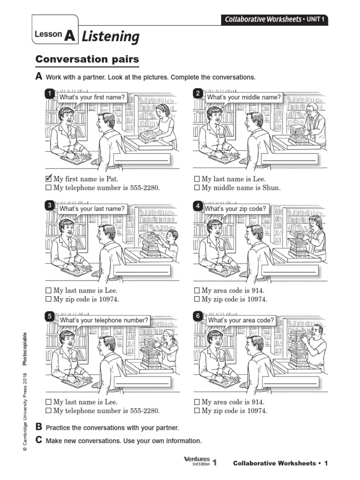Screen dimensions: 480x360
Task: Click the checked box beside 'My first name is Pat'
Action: (x=48, y=179)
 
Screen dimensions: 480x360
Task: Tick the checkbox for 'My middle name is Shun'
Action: (x=197, y=188)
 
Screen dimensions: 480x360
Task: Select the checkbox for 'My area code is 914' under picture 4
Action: (x=197, y=291)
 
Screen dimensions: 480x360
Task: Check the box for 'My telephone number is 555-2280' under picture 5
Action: (x=48, y=411)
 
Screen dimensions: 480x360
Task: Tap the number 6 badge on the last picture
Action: (x=198, y=316)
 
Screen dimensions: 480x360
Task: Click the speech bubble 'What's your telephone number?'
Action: (x=103, y=320)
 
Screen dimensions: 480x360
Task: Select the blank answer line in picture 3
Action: (x=141, y=272)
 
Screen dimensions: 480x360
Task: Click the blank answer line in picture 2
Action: (x=290, y=161)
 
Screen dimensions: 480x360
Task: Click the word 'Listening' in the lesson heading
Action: (x=111, y=36)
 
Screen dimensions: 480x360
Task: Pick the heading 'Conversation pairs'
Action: (x=87, y=60)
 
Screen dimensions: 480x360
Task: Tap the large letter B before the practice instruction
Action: (x=39, y=427)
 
